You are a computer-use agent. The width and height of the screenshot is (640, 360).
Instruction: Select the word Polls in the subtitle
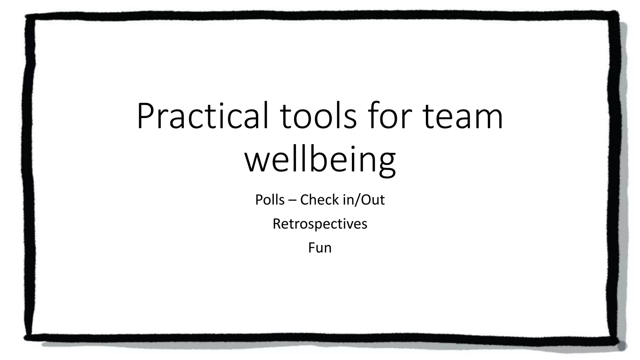coord(270,200)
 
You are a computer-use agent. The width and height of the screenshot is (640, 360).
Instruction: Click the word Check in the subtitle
coord(319,200)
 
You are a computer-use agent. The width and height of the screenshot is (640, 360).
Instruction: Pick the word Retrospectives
coord(320,224)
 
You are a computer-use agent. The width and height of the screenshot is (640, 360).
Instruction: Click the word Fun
coord(320,248)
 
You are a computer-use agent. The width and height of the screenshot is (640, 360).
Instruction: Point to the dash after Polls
coord(292,200)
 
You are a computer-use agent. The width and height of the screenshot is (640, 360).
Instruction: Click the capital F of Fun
coord(311,248)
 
